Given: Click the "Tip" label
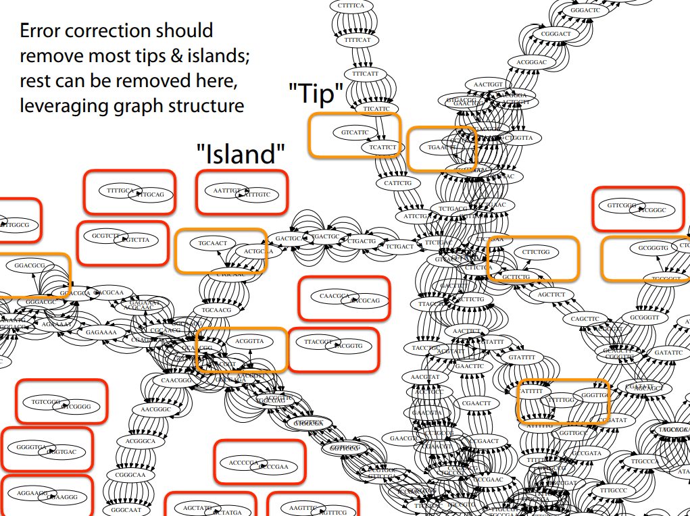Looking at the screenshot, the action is tap(316, 94).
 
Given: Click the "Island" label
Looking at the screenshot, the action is tap(241, 154).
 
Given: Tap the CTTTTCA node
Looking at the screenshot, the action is tap(350, 6).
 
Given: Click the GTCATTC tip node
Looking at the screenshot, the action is tap(355, 132).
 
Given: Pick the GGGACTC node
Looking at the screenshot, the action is tap(585, 11).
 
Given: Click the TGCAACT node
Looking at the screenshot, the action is tap(212, 242).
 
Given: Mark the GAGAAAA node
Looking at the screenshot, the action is tap(101, 332).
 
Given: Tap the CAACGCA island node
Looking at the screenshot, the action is tap(335, 296).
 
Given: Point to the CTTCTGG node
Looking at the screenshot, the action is tap(536, 252).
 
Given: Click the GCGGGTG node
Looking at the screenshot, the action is tap(653, 248).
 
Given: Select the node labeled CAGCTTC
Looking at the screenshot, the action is tap(585, 319).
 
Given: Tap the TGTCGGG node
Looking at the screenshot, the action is tap(46, 401).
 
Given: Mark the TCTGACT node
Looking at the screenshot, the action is tap(399, 247).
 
